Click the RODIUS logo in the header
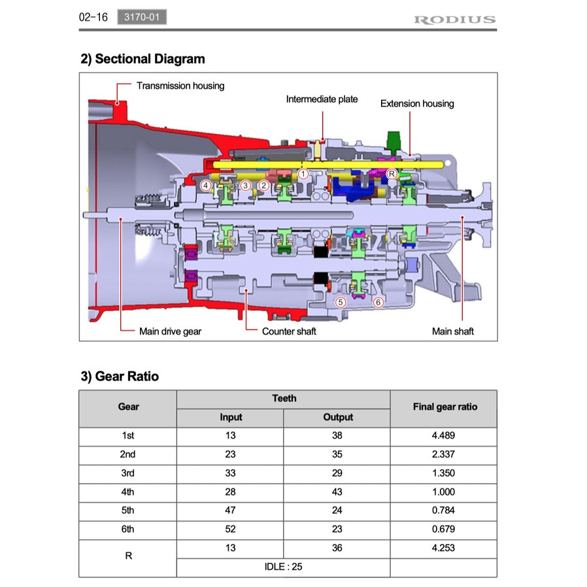454,19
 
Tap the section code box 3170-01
142,18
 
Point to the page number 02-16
93,18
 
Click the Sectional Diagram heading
143,59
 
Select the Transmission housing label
180,86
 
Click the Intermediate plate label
322,99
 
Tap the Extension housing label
417,103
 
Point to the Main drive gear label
170,331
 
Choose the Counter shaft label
289,331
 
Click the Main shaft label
452,331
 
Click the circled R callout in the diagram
391,174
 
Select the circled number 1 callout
303,174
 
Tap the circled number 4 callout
206,186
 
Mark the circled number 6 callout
378,302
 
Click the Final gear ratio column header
444,407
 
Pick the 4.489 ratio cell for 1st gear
444,435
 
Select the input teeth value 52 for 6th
230,529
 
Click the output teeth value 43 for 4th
337,492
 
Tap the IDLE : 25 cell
283,567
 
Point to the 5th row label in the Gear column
128,511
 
